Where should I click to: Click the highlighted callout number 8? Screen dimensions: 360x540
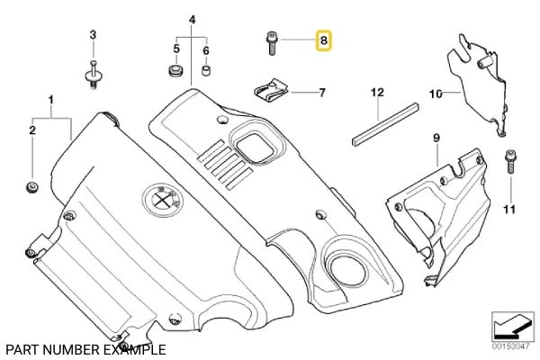coord(322,40)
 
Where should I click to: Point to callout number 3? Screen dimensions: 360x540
coord(92,34)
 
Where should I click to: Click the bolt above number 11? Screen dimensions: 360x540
coord(509,162)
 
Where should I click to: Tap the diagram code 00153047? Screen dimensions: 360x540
coord(508,346)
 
